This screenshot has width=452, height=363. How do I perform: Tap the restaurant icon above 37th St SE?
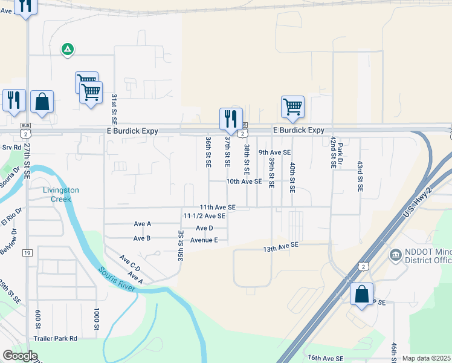coord(231,119)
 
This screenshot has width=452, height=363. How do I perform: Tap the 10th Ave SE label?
coord(244,181)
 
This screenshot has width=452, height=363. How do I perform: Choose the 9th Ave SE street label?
coord(274,153)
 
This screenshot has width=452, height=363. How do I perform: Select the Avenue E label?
coord(204,240)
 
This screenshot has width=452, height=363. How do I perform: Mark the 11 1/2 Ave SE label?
coord(204,215)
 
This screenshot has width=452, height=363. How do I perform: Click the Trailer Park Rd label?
coord(56,339)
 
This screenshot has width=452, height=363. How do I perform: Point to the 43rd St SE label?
coord(360,177)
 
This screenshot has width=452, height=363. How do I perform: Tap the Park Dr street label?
coord(340,149)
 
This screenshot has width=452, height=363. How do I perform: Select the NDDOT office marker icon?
coord(396,255)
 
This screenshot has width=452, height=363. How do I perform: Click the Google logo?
coord(20,356)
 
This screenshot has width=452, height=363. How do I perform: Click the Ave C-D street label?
coord(129,264)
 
